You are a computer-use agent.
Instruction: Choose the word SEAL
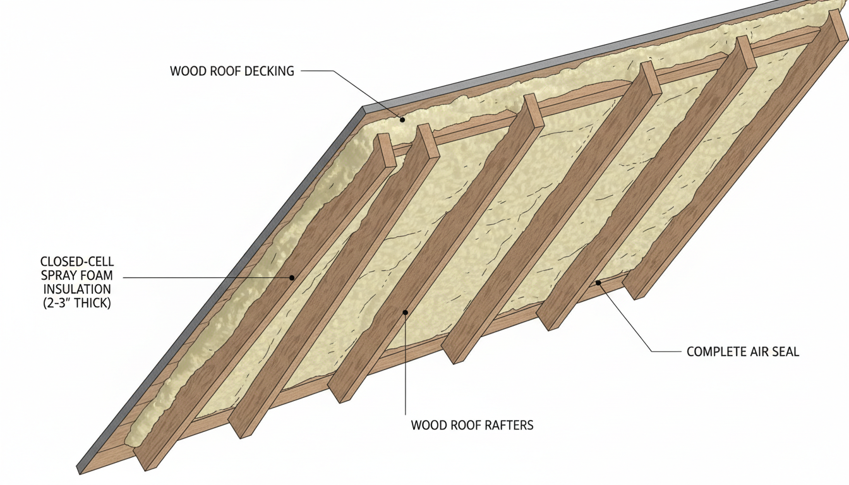(786, 352)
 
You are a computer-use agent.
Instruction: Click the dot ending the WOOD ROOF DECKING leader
(402, 119)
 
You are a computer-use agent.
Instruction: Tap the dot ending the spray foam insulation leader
(292, 277)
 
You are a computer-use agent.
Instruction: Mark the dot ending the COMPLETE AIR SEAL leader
(598, 282)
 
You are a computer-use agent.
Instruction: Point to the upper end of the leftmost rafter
(386, 149)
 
